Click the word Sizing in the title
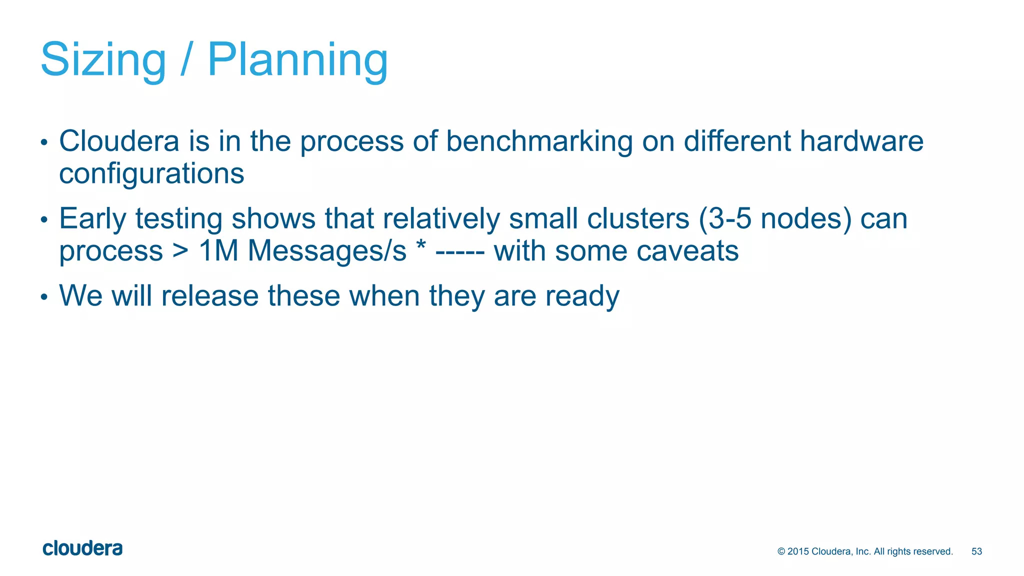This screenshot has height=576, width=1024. click(x=103, y=60)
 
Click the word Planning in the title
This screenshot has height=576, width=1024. click(x=298, y=60)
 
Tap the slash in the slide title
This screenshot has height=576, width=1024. click(x=186, y=60)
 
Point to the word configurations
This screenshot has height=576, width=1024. click(x=151, y=173)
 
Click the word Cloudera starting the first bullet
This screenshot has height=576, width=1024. click(x=119, y=141)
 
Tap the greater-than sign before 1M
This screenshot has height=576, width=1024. click(x=180, y=251)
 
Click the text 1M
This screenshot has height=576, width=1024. click(x=218, y=251)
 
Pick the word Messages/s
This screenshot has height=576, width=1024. click(x=327, y=251)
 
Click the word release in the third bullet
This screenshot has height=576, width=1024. click(x=209, y=295)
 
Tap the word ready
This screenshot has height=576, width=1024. click(x=582, y=296)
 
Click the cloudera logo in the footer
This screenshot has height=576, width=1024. click(x=82, y=548)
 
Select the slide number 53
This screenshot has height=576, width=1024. click(x=976, y=551)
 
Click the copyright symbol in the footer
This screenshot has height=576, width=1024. click(x=781, y=551)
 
